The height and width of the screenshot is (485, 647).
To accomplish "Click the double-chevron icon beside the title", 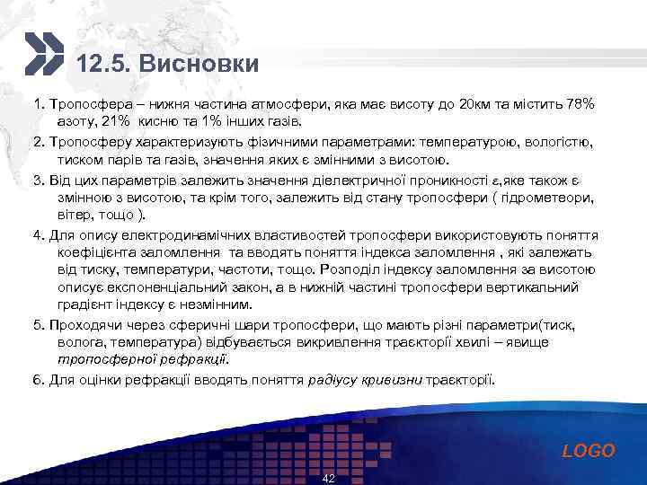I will [43, 54].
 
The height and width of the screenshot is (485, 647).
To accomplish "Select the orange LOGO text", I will [589, 451].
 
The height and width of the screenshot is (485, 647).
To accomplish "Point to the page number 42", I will [328, 479].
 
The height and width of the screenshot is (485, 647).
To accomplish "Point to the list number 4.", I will [39, 236].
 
